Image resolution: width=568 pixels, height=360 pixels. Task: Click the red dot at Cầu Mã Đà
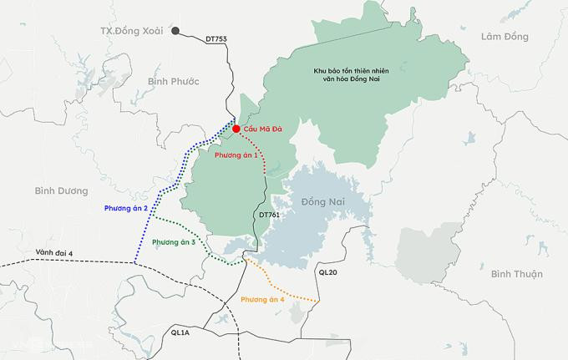pos(236,129)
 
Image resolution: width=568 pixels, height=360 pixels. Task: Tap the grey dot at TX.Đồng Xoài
pos(175,32)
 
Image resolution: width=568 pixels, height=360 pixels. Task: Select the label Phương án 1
pos(236,156)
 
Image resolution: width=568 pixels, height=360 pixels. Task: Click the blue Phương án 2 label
pos(126,207)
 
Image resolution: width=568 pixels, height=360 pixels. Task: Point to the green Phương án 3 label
pos(174,242)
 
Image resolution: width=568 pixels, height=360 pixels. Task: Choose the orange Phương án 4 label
pos(262,299)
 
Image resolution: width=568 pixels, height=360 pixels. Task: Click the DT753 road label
pos(216,39)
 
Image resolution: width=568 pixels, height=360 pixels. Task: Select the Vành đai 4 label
pos(54,252)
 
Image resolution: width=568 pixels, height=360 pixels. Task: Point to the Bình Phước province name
pos(172,81)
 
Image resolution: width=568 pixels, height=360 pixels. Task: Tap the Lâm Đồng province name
pos(505,37)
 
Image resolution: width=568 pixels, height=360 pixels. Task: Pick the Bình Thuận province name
pos(517,274)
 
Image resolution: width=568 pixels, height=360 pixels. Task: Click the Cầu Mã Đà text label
pos(265,129)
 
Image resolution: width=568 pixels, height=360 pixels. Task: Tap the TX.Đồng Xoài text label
pos(132,31)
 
